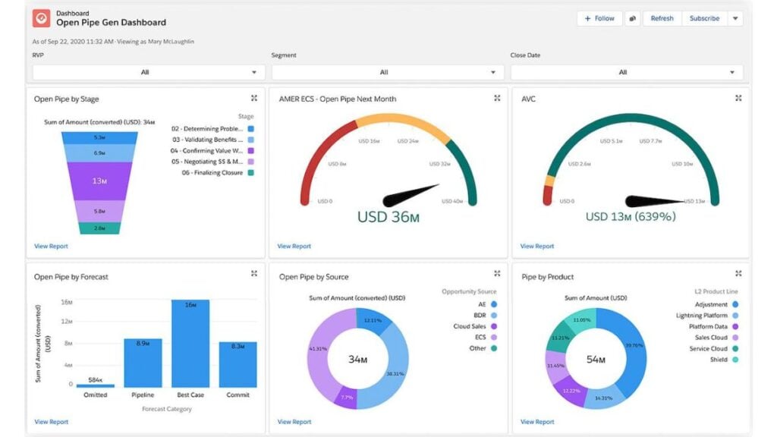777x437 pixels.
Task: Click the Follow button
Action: click(x=599, y=18)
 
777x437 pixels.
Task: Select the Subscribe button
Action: click(x=704, y=18)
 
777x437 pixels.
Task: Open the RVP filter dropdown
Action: click(x=148, y=72)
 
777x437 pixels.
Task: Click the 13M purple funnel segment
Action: click(x=99, y=181)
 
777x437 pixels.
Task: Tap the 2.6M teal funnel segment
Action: click(x=99, y=228)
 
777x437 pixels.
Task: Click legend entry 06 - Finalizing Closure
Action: click(x=207, y=173)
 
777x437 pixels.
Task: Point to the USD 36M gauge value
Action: click(x=388, y=217)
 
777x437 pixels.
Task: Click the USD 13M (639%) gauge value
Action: click(x=631, y=217)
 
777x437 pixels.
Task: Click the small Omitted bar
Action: click(x=96, y=385)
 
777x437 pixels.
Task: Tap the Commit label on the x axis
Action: click(x=238, y=395)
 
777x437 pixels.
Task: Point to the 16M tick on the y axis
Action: click(x=65, y=301)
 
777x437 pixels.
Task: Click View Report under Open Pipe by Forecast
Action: click(x=51, y=422)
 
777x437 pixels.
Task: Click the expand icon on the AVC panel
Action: click(x=738, y=98)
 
